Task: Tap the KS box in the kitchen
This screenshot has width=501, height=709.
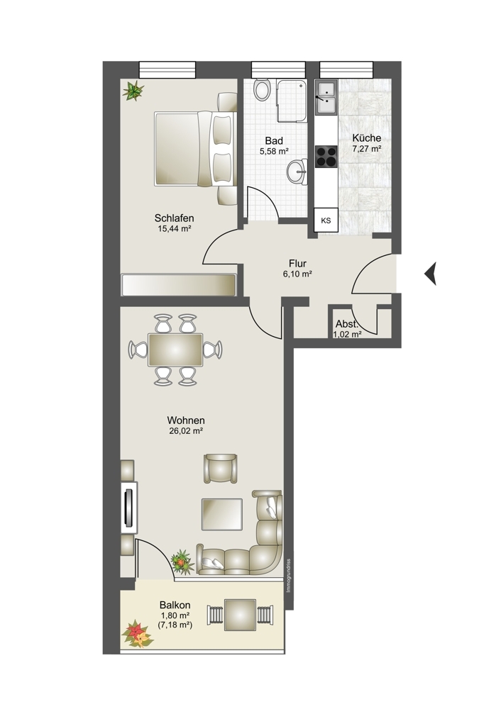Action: pyautogui.click(x=326, y=220)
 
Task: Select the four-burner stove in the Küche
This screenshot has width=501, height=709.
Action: pyautogui.click(x=326, y=157)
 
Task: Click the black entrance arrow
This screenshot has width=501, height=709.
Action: pyautogui.click(x=431, y=274)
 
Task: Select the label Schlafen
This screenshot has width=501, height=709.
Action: pyautogui.click(x=175, y=218)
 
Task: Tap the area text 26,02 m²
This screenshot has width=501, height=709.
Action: pyautogui.click(x=185, y=431)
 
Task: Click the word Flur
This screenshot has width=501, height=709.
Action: pyautogui.click(x=297, y=264)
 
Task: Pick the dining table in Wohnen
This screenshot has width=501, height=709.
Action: pyautogui.click(x=175, y=350)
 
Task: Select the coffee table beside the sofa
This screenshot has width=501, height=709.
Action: pyautogui.click(x=222, y=514)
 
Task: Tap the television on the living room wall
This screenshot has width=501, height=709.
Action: pyautogui.click(x=129, y=507)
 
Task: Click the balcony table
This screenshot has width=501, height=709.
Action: pyautogui.click(x=241, y=615)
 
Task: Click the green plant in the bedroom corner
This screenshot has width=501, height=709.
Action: pyautogui.click(x=133, y=91)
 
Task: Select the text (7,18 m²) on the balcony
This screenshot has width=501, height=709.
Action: pyautogui.click(x=175, y=625)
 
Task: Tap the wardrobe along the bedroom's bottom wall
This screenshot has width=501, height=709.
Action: pyautogui.click(x=178, y=284)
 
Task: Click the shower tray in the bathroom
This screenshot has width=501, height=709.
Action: pyautogui.click(x=292, y=101)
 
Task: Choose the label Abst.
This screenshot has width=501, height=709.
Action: pyautogui.click(x=347, y=324)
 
